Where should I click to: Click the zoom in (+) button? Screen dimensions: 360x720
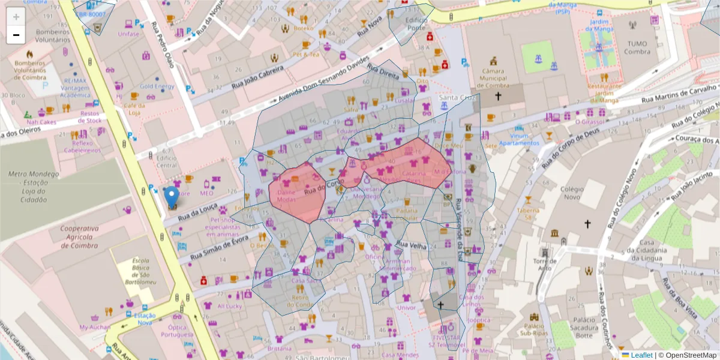(x=16, y=17)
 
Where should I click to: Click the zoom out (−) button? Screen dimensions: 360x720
(x=16, y=35)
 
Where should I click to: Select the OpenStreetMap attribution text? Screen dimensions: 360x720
(x=687, y=355)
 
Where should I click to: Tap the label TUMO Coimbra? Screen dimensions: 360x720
(x=638, y=47)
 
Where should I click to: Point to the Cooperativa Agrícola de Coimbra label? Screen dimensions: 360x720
(x=79, y=237)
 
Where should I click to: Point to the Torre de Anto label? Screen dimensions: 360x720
(x=544, y=264)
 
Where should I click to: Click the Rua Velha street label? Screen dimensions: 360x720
(x=411, y=245)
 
